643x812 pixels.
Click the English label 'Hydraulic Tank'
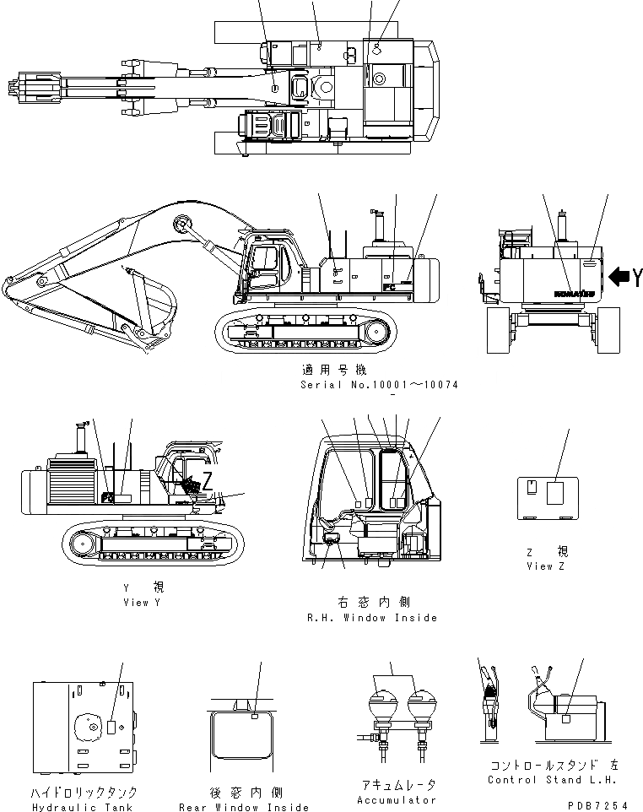click(x=83, y=807)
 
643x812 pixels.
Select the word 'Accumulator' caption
click(x=397, y=799)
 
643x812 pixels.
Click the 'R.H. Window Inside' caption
click(x=372, y=618)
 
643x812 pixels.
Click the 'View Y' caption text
click(x=136, y=603)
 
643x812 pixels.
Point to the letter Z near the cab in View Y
click(x=207, y=482)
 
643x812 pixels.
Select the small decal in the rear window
click(x=254, y=717)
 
